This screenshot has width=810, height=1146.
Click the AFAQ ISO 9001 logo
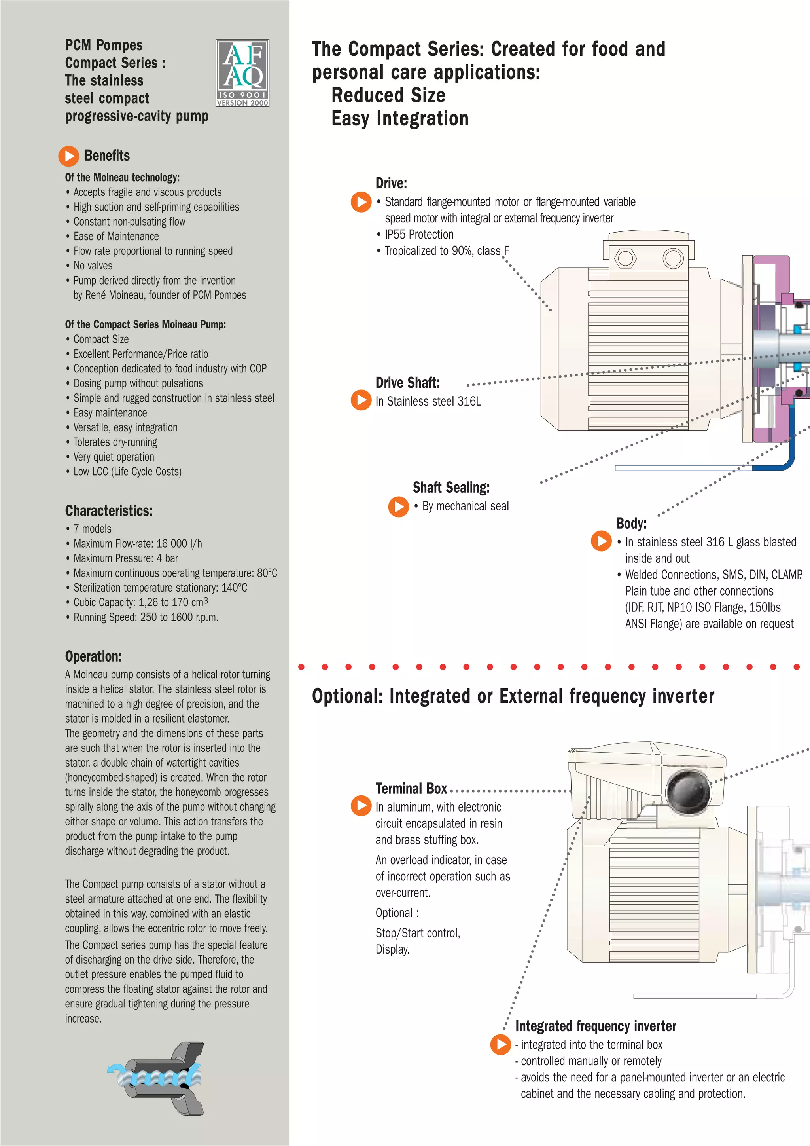coord(242,73)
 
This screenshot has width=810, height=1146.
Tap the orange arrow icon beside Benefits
coord(69,156)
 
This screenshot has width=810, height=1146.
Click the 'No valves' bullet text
coord(93,266)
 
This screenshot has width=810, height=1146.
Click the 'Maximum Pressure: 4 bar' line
coord(126,558)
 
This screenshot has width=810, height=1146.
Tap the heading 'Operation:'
coord(93,656)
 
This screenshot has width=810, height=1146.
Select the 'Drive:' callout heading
coord(391,183)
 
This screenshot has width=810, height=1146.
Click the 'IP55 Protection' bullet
coord(419,235)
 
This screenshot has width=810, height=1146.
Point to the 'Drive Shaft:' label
coord(407,383)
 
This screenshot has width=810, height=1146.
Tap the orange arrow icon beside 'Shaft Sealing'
coord(399,507)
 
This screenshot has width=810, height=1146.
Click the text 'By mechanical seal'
coord(466,506)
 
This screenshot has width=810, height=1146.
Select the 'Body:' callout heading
coord(631,523)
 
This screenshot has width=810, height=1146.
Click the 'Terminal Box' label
coord(411,789)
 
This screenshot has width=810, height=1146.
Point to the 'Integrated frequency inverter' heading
coord(596,1026)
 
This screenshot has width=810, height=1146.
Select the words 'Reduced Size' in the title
coord(388,95)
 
